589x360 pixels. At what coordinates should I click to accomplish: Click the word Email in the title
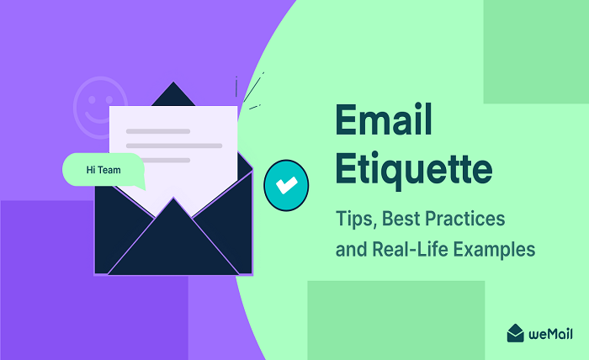[x=384, y=123]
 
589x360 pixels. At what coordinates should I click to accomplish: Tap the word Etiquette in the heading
[x=413, y=169]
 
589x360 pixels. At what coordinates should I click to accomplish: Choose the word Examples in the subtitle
[x=496, y=249]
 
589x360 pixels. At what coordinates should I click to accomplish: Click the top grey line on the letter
[x=157, y=131]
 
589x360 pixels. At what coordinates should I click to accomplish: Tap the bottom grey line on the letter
[x=157, y=160]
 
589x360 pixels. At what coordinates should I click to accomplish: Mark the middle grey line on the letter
[x=173, y=146]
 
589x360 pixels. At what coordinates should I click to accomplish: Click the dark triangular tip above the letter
[x=173, y=93]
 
